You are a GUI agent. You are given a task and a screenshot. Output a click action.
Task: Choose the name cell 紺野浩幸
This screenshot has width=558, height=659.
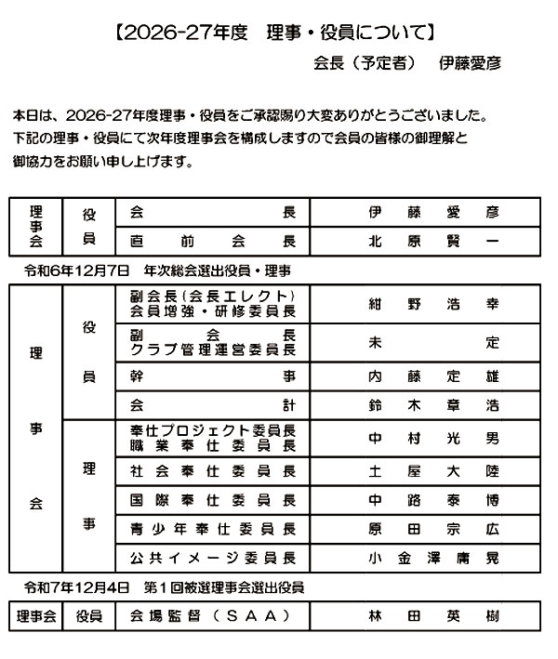433,303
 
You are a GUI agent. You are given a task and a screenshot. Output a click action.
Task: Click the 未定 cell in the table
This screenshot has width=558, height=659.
433,341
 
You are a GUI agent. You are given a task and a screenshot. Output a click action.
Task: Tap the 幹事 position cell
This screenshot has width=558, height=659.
213,376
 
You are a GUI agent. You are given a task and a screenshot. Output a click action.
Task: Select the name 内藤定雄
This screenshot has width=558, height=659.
433,376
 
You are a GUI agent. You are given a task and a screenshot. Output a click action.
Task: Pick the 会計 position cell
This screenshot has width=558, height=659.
213,405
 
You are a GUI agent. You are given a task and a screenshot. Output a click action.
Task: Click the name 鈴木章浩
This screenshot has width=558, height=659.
433,405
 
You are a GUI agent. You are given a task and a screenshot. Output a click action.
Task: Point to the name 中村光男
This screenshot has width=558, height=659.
433,438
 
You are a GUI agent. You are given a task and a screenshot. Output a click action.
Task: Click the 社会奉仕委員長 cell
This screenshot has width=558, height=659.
213,470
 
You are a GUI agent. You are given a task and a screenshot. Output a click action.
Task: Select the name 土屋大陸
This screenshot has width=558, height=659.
433,470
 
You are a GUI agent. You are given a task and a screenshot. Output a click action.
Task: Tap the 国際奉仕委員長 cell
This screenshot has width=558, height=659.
213,499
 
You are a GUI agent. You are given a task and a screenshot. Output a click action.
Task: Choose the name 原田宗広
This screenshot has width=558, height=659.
433,529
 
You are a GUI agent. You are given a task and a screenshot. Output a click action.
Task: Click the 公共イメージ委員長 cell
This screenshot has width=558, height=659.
213,559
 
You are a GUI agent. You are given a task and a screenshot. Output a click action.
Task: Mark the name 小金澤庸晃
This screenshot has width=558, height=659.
433,559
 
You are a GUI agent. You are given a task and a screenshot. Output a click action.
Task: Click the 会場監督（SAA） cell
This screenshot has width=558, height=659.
213,616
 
